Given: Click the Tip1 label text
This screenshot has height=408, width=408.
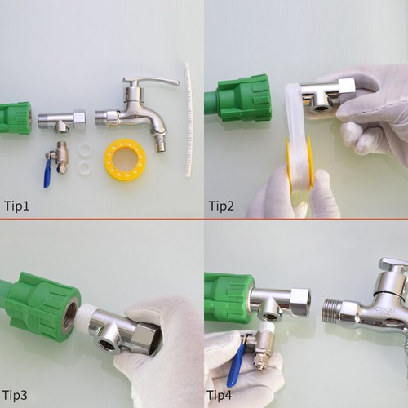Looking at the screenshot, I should (x=18, y=206).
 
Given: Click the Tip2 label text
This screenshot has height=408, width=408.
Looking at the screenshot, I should (x=221, y=206).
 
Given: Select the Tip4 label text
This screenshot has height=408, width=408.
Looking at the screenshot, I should (x=221, y=396).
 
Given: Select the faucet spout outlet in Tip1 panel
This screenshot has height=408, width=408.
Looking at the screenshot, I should (x=161, y=145).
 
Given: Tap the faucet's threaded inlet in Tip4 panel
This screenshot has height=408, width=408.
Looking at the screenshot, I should (x=335, y=312).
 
